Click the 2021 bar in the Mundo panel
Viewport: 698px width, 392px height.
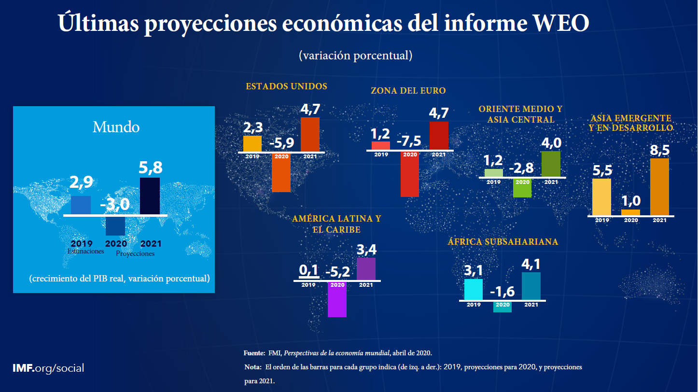point(150,196)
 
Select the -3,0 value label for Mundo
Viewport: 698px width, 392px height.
point(115,204)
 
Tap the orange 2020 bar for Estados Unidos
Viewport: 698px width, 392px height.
point(281,172)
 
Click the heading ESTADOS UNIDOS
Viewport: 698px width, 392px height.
point(286,86)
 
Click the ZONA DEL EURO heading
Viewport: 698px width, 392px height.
point(408,91)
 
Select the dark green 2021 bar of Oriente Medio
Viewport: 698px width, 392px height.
point(551,164)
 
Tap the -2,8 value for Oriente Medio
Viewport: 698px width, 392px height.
point(521,168)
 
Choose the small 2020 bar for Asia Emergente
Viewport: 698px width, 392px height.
point(630,212)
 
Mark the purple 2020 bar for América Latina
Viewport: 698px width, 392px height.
point(337,299)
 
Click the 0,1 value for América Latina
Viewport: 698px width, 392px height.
point(309,271)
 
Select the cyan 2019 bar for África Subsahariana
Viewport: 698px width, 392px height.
point(473,289)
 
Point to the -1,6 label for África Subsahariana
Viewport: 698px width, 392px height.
point(502,293)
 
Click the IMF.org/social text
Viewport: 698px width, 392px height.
point(48,368)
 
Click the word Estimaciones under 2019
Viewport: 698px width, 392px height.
point(86,252)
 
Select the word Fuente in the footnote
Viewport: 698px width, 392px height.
point(254,353)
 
